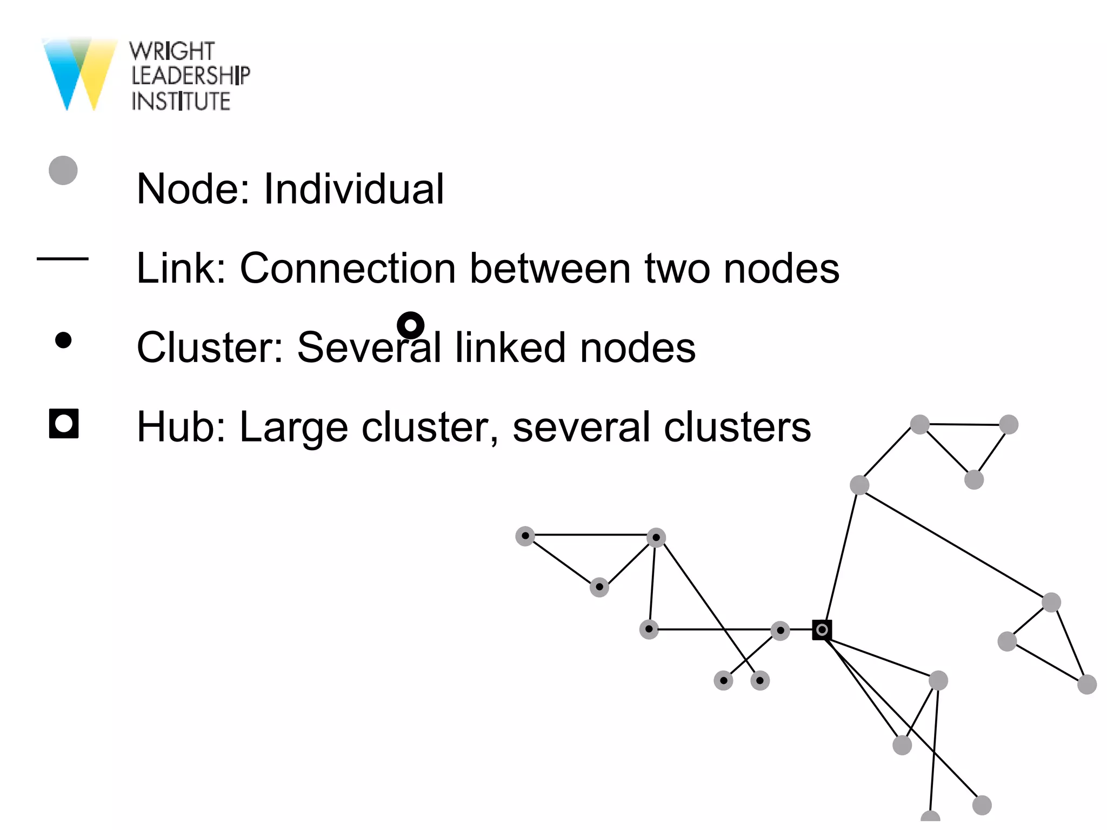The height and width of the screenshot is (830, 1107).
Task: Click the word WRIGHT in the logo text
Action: pos(172,51)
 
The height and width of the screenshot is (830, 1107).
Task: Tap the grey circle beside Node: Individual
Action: pos(63,171)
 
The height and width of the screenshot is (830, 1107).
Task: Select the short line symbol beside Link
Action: pos(63,259)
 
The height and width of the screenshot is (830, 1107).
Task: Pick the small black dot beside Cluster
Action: pos(64,340)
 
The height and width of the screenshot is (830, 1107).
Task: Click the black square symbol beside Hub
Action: pos(64,424)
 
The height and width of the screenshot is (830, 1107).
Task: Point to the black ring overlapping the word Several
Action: pos(410,325)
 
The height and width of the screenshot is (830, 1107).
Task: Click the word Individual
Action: pos(354,189)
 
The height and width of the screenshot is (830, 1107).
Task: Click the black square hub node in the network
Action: pos(822,630)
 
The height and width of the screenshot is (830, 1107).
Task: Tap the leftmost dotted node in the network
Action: pos(525,536)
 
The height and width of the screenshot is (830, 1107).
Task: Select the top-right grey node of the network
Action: pos(1009,425)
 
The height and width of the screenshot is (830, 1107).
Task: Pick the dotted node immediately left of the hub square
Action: pos(780,631)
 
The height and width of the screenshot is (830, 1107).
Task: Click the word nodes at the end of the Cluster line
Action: pos(637,347)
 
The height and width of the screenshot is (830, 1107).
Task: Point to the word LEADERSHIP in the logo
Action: pos(190,76)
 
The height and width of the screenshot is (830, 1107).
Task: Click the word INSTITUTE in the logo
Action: pos(181,102)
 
